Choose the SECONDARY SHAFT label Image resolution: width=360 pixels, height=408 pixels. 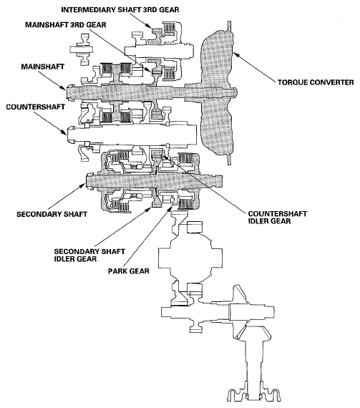50,213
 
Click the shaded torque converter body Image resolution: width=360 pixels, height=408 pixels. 218,79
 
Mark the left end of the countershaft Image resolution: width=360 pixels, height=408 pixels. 71,132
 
